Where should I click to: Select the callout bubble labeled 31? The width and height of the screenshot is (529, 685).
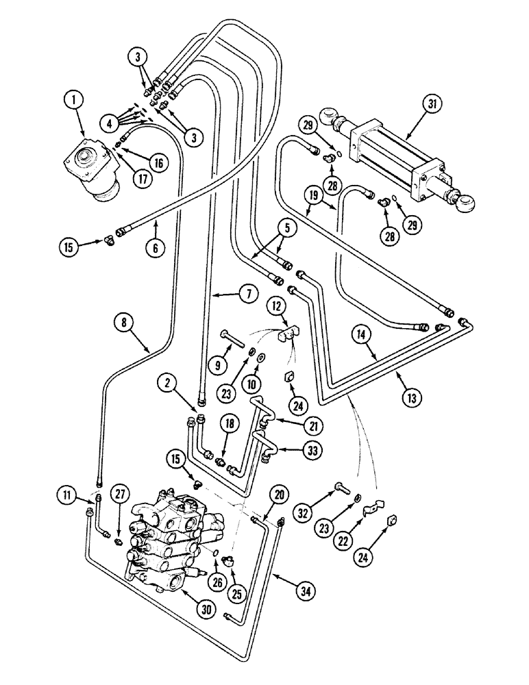[x=431, y=105]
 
